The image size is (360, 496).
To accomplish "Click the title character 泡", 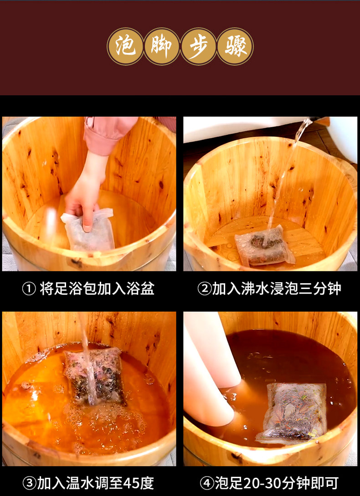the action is pos(125,46).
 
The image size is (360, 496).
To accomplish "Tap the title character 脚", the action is pos(162,46).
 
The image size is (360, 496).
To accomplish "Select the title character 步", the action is pos(199,46).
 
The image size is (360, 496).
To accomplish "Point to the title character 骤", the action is pos(235,46).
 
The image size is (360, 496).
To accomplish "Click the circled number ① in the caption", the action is pos(29,289).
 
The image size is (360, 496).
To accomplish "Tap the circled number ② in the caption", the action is pos(204,289).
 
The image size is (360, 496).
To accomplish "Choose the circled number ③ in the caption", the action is pos(29,483).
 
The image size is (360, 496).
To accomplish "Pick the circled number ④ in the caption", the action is pos(207,483).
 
